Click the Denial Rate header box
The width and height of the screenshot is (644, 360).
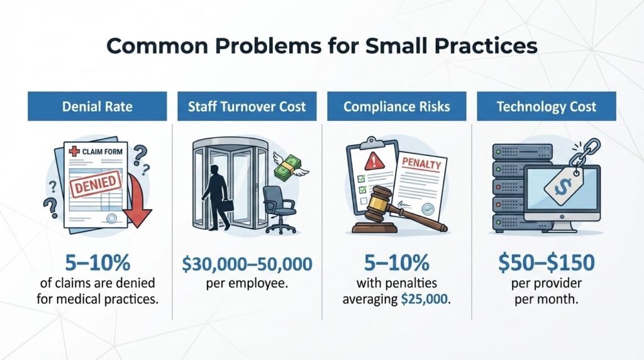(97, 106)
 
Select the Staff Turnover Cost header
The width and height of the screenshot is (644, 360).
(247, 106)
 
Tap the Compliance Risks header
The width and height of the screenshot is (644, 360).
(396, 106)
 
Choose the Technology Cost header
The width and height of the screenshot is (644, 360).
(546, 106)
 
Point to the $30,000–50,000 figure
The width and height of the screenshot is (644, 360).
(247, 264)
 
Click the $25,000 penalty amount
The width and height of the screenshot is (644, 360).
(426, 298)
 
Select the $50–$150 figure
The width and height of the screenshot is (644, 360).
(546, 264)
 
